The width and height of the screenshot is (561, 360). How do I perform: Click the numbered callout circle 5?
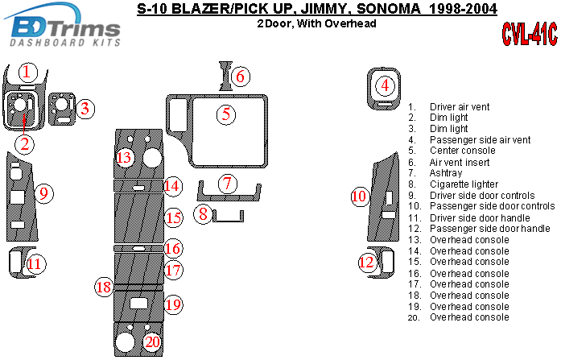227,114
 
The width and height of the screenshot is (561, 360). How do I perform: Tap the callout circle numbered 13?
124,157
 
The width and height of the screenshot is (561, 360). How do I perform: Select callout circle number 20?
151,342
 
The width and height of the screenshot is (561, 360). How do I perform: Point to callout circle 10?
359,196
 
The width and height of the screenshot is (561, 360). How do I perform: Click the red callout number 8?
204,214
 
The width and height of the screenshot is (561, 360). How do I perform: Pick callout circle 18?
103,287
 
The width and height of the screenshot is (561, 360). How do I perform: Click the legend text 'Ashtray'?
446,173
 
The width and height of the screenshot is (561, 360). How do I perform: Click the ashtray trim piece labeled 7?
229,194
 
